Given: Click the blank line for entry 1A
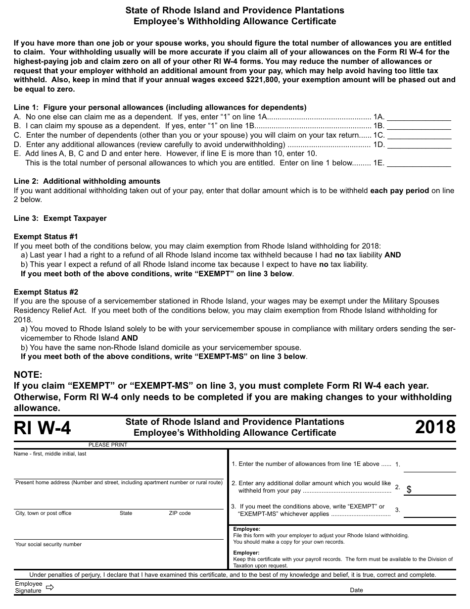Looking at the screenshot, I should [x=419, y=119].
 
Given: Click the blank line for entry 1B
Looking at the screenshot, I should [x=419, y=128].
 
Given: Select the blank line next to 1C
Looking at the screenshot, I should [x=419, y=137].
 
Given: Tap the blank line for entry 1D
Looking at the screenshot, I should [x=419, y=146].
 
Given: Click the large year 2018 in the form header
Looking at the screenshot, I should [x=435, y=427].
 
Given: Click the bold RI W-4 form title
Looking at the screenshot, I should [x=43, y=428].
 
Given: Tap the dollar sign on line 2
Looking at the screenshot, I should [x=409, y=489].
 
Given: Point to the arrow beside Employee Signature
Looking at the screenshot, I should [x=49, y=587].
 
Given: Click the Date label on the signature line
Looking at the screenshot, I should [x=356, y=590].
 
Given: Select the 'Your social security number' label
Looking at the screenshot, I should [x=48, y=545].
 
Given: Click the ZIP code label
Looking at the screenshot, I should [x=180, y=513].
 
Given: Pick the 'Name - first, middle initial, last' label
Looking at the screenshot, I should [x=50, y=454].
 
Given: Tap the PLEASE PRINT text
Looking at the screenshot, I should [x=108, y=445].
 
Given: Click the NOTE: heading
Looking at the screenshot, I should [x=28, y=375].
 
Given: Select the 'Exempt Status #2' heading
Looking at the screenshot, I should [x=46, y=292].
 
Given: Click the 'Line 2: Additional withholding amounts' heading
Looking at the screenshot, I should [x=87, y=181].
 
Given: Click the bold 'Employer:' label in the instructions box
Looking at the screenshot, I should [x=246, y=553].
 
